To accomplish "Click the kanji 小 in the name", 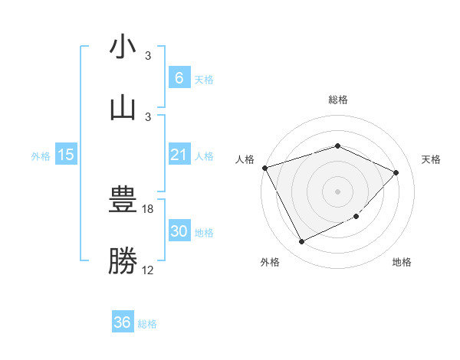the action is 123,47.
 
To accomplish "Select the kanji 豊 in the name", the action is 123,201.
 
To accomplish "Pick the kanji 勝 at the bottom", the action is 123,260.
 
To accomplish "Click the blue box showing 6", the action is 179,77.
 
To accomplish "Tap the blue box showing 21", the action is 179,155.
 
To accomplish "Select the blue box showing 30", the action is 179,231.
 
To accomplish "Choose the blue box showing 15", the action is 66,155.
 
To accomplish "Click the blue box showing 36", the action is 123,322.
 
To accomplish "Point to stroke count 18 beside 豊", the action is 149,208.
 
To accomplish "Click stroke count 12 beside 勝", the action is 148,270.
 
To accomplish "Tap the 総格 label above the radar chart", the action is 337,100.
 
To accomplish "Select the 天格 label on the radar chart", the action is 432,159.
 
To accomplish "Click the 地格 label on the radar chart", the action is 402,262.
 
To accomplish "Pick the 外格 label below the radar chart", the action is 270,262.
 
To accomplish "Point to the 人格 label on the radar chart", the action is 245,159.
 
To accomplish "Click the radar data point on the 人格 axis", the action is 264,168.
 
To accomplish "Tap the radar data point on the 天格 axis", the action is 396,172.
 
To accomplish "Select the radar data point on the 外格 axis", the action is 301,242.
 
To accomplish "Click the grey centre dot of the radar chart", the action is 337,191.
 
